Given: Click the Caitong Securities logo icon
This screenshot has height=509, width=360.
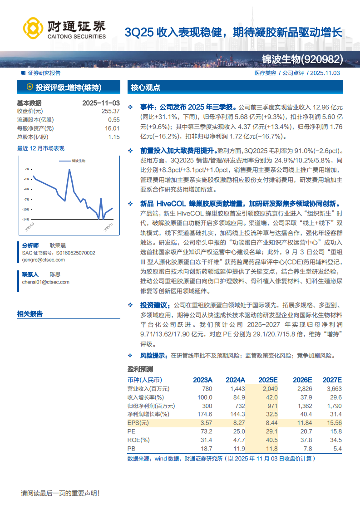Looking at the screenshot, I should (33, 28).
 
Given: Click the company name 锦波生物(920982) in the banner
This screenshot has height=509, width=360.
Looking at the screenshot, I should (302, 59).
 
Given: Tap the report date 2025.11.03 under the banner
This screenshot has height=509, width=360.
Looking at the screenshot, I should (325, 73).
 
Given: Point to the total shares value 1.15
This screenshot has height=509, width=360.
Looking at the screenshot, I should (113, 137).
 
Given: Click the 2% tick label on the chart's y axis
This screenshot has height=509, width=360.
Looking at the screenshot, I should (27, 169).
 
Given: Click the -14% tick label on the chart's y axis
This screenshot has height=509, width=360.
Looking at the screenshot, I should (26, 219).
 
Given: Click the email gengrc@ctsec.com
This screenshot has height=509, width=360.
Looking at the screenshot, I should (43, 260).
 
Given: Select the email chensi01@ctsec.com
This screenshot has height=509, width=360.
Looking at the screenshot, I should (45, 282).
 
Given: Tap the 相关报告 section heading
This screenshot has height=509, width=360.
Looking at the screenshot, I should (30, 313).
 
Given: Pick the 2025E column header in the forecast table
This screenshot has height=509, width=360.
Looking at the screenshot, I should (268, 380).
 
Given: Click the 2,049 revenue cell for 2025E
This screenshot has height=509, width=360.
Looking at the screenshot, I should (269, 389).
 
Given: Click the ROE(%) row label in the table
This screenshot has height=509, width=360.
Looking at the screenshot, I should (138, 440).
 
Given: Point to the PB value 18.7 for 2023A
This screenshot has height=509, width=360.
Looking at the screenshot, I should (206, 449).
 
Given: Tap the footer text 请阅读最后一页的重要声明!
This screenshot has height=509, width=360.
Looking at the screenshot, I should (60, 493).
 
